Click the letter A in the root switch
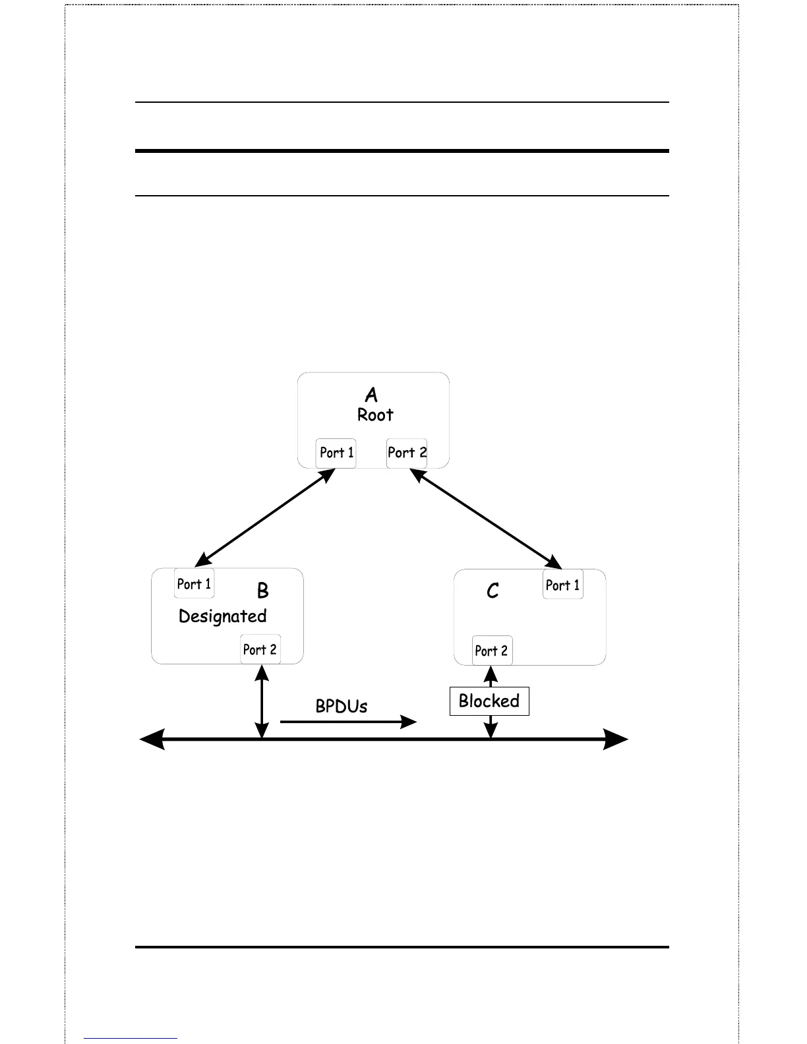click(x=371, y=395)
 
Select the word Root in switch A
click(x=375, y=415)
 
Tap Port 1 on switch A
click(x=336, y=453)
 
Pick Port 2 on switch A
click(x=407, y=453)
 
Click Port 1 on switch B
click(x=194, y=584)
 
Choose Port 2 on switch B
click(x=260, y=650)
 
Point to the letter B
click(x=262, y=591)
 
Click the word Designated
click(x=223, y=616)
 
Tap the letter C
click(x=493, y=591)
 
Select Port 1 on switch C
click(x=562, y=585)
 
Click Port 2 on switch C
click(x=491, y=651)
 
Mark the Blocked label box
click(x=489, y=701)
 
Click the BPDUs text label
click(x=342, y=706)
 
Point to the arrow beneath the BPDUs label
click(x=348, y=722)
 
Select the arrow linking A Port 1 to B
click(x=266, y=517)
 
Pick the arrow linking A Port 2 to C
click(x=486, y=518)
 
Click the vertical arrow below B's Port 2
click(x=262, y=702)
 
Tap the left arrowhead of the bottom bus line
click(x=152, y=739)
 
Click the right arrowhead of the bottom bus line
click(x=616, y=739)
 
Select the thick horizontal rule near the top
click(x=402, y=151)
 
